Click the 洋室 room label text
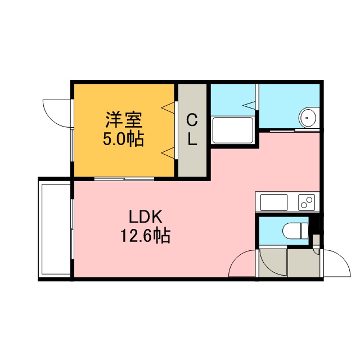coord(124,120)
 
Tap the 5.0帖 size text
coord(123,139)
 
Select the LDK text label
coord(146,217)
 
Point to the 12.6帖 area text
coord(145,235)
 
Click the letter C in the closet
coord(192,120)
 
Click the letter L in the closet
coord(192,139)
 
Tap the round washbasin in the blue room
coord(308,118)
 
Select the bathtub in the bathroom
coord(233,130)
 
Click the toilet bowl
coord(295,231)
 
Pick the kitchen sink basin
coord(273,202)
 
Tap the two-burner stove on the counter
coord(307,202)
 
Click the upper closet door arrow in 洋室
coord(168,107)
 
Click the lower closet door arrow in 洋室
coord(168,153)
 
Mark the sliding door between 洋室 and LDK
coord(124,179)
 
